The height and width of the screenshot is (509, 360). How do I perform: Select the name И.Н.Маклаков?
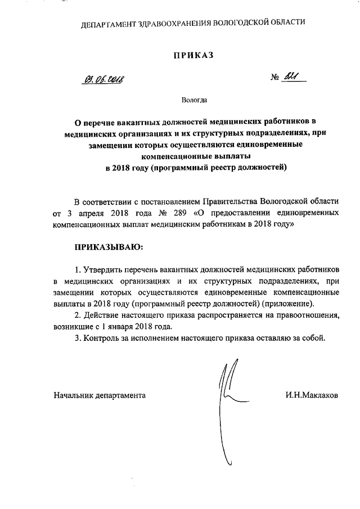coord(312,395)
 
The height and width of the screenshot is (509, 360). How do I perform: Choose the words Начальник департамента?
coord(100,395)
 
